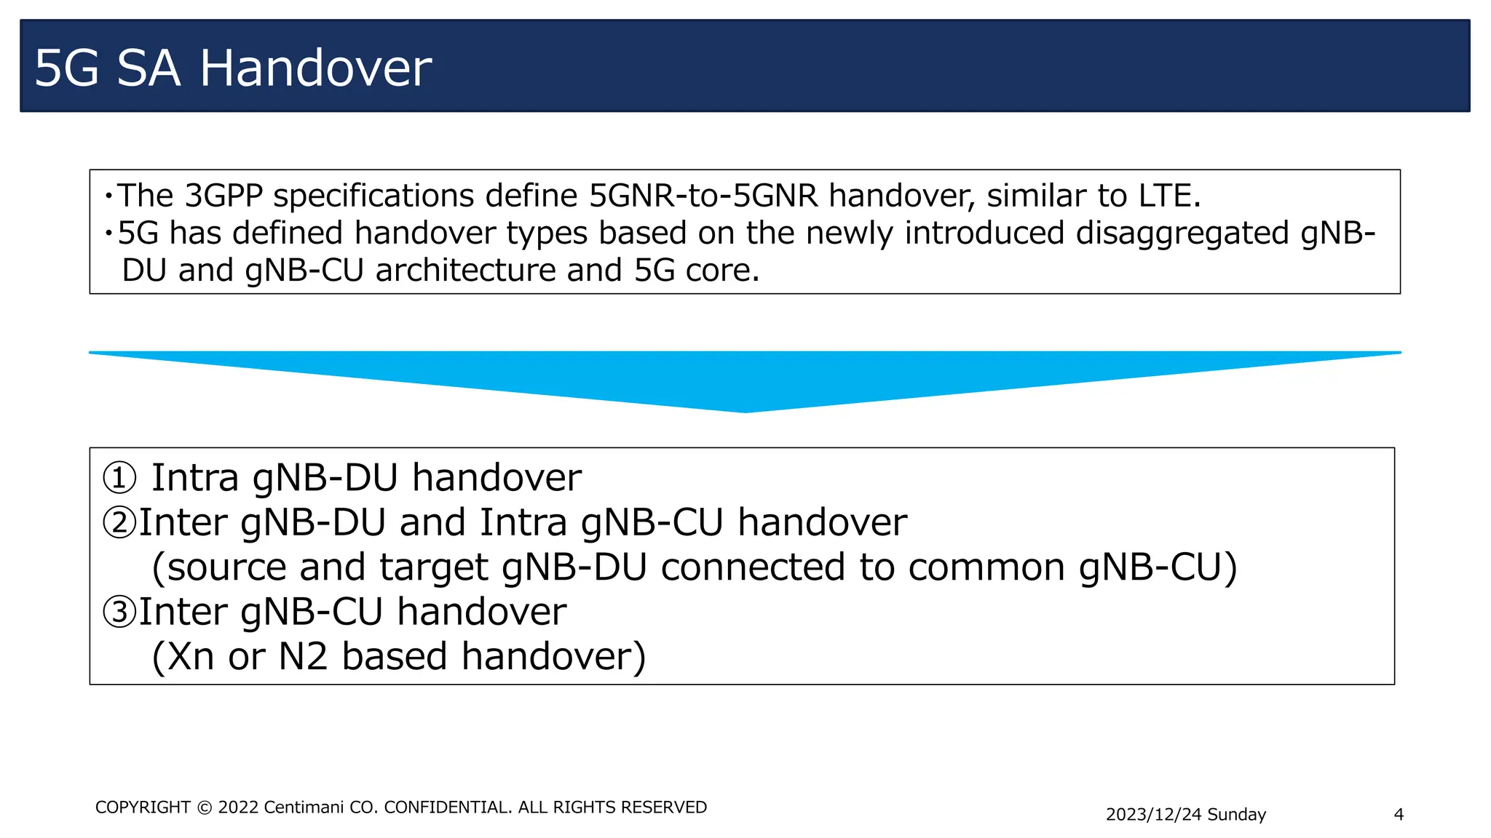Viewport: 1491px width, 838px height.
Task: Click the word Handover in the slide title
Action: (x=315, y=68)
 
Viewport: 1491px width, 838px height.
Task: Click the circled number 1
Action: (x=119, y=478)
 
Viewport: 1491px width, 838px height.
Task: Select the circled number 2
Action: (x=119, y=523)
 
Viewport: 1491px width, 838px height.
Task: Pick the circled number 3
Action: (x=119, y=612)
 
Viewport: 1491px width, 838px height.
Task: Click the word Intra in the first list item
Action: (x=194, y=478)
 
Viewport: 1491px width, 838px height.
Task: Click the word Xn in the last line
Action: (x=191, y=656)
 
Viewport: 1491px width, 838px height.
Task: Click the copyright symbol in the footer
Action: (x=205, y=808)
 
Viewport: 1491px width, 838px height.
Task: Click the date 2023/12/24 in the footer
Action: (x=1153, y=815)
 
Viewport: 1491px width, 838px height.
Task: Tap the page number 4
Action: (x=1399, y=815)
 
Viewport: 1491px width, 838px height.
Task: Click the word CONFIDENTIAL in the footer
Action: (x=448, y=807)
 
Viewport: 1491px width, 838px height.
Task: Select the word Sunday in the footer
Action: (x=1236, y=815)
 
